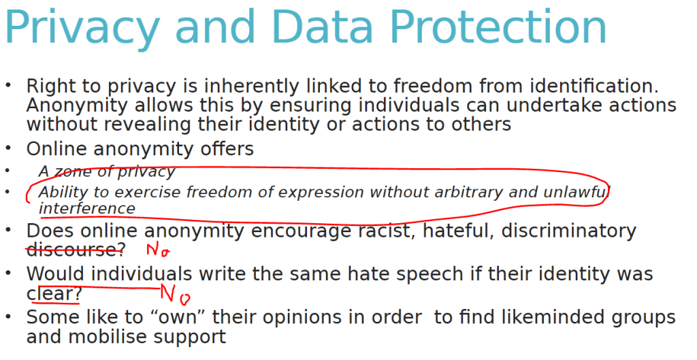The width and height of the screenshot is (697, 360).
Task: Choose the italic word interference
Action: [x=86, y=208]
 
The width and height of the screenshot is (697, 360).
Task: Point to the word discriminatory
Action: [x=569, y=231]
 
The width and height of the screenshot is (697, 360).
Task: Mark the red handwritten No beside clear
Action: [x=175, y=295]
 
